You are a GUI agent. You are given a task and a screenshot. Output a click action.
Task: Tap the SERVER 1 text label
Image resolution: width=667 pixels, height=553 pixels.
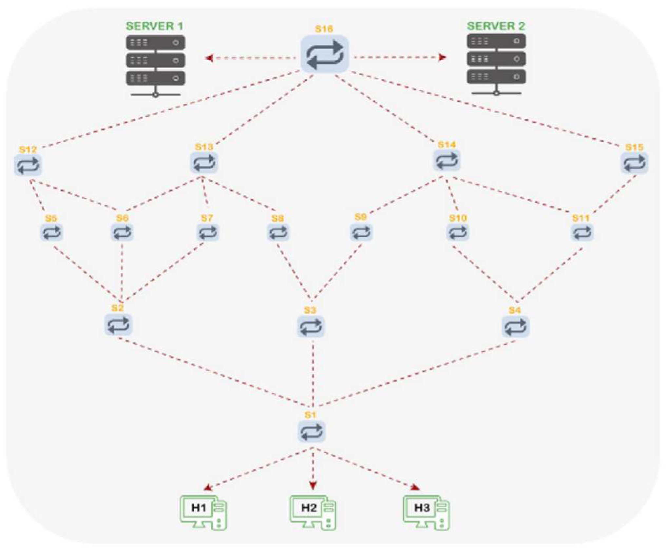154,26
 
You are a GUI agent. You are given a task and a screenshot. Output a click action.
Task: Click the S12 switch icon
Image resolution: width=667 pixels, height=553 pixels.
28,165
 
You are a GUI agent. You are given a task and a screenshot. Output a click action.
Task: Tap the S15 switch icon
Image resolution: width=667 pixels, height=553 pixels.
634,163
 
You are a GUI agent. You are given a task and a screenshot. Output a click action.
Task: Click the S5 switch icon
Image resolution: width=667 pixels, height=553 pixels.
51,232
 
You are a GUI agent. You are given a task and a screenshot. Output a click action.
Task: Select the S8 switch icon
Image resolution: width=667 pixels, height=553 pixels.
278,232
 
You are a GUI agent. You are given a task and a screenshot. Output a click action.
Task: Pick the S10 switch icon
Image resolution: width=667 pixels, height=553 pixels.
458,232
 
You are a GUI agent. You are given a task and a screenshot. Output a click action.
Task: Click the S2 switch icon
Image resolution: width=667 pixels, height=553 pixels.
118,325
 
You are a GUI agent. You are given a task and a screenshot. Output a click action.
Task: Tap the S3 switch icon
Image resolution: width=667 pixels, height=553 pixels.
311,327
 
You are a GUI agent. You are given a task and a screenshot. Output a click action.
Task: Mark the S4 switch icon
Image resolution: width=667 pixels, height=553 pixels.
515,327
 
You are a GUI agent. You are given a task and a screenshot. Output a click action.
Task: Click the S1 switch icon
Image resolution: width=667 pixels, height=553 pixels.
311,431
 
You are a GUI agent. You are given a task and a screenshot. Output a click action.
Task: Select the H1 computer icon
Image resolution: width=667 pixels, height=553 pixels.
203,512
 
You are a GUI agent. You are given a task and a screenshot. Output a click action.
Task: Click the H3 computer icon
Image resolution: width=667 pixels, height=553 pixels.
426,512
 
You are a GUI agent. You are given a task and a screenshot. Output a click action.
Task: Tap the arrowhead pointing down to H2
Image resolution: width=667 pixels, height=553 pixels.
313,485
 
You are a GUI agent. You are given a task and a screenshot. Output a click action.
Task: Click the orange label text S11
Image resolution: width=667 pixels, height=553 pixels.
581,218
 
